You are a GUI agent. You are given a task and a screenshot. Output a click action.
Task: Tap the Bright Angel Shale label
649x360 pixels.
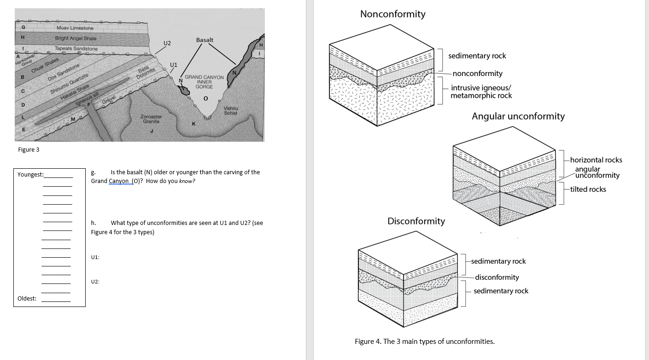point(76,38)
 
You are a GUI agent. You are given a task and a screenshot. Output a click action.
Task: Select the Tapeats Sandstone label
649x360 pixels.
point(76,48)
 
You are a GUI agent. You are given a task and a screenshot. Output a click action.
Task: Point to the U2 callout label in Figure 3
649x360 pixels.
point(167,43)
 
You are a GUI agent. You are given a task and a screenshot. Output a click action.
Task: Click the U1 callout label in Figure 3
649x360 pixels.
point(173,65)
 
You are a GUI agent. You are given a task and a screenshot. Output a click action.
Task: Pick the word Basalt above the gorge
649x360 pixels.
point(205,40)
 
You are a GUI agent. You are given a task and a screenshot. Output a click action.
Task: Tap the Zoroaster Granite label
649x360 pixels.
point(152,119)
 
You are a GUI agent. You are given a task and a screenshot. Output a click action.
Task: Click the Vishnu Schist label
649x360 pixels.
point(230,111)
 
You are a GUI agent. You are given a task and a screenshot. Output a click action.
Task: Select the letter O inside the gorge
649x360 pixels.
point(205,98)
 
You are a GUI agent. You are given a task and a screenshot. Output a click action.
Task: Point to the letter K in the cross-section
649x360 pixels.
point(193,124)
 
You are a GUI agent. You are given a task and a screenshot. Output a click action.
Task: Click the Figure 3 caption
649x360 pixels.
point(29,149)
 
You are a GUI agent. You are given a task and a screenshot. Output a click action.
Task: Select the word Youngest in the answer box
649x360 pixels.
point(30,174)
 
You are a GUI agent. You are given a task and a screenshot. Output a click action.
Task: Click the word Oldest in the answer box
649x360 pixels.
point(27,298)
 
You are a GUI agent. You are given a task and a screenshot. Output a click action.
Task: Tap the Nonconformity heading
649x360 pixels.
point(392,14)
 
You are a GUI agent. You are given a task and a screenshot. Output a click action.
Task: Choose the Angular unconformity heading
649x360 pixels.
point(518,116)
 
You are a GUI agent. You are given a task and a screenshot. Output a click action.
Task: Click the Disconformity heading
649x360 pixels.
point(416,221)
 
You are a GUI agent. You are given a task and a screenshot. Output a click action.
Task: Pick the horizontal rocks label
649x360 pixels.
point(596,160)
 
